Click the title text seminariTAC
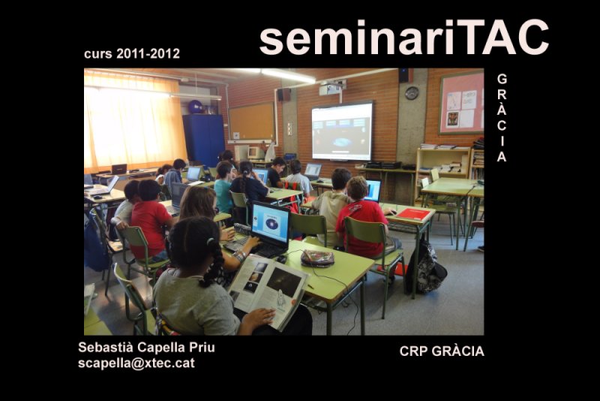click(404, 37)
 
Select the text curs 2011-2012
click(132, 53)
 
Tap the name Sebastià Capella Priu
click(146, 348)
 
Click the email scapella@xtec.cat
click(136, 363)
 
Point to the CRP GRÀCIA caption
click(442, 351)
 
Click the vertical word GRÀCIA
click(502, 118)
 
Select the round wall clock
click(412, 93)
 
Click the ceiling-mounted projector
click(331, 88)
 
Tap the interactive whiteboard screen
click(342, 131)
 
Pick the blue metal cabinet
click(203, 140)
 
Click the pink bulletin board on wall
click(461, 103)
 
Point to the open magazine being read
click(269, 291)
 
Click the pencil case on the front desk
click(317, 258)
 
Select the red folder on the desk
click(414, 214)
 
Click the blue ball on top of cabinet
click(195, 107)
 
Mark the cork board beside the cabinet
click(251, 122)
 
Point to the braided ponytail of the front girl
click(211, 264)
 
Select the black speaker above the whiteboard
click(404, 75)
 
